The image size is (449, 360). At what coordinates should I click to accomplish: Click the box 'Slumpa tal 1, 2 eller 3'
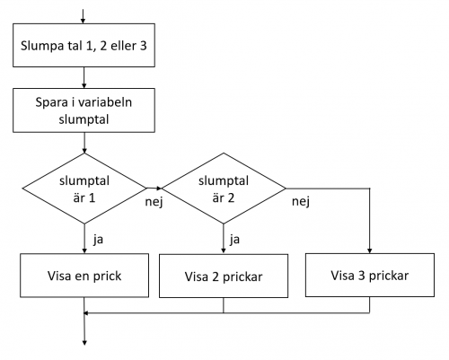(84, 45)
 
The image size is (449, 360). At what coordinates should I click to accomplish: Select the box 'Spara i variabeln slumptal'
(84, 110)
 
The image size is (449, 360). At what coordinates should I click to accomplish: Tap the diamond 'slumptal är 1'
(84, 189)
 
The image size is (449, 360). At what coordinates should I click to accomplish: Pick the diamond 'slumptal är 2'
(224, 189)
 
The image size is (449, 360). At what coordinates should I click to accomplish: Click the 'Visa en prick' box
(84, 276)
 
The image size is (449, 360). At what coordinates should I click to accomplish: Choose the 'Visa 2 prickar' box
(224, 277)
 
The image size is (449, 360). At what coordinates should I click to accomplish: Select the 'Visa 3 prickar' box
(370, 276)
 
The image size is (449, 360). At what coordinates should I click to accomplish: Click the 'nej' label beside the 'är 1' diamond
(154, 202)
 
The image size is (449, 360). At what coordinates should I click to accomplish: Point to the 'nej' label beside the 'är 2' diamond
(301, 202)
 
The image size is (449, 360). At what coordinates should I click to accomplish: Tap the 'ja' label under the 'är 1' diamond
(98, 240)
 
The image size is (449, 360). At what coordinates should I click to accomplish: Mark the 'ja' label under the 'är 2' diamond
(234, 240)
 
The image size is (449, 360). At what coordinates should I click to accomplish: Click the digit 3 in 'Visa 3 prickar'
(362, 276)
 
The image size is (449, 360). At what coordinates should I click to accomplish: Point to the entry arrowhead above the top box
(83, 21)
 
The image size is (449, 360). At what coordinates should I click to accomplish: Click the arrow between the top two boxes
(84, 77)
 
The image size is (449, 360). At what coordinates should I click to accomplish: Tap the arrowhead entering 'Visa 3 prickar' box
(370, 250)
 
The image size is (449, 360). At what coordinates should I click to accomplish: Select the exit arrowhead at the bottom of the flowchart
(84, 342)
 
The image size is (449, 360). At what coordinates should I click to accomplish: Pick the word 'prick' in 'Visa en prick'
(108, 277)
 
